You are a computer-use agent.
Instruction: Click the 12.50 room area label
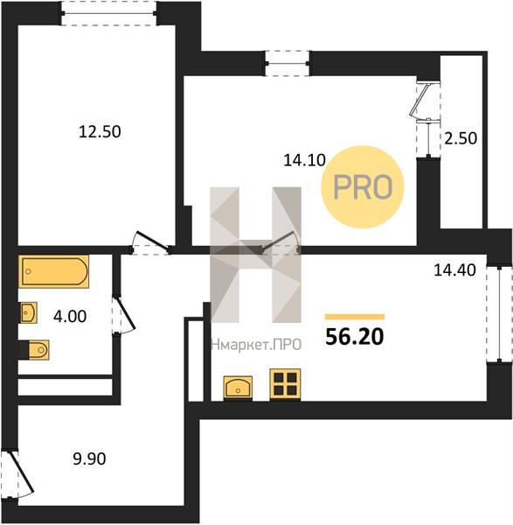click(100, 131)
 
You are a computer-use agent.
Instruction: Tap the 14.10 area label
click(304, 160)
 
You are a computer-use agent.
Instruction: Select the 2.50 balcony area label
click(461, 138)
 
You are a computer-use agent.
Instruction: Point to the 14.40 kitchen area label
click(454, 269)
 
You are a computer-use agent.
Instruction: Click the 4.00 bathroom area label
click(70, 316)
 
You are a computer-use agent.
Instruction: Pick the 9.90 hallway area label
click(89, 458)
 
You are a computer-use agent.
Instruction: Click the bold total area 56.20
click(355, 337)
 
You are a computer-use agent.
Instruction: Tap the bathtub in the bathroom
click(54, 271)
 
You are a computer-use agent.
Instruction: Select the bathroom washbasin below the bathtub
click(29, 312)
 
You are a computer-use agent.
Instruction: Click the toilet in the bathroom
click(34, 350)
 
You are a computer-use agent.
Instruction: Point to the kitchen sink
click(238, 388)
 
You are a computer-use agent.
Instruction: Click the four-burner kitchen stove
click(285, 384)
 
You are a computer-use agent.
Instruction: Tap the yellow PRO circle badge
click(363, 187)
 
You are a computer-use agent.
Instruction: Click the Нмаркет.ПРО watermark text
click(257, 345)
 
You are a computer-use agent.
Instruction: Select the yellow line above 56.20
click(355, 317)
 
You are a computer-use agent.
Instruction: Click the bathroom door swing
click(124, 315)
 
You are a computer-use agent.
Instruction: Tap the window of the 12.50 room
click(108, 13)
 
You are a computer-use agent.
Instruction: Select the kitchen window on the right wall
click(499, 314)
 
